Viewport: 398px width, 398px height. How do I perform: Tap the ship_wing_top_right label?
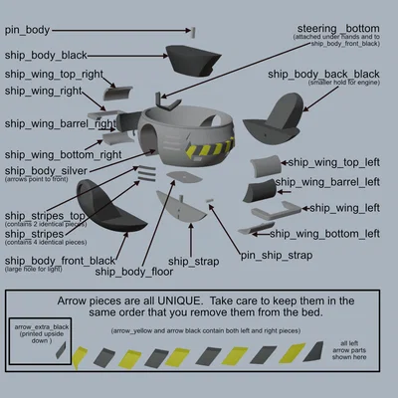[x=52, y=74]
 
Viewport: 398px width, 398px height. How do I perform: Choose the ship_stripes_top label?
[x=45, y=214]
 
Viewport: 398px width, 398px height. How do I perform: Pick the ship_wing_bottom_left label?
[x=324, y=234]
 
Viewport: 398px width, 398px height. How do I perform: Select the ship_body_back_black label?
[x=322, y=74]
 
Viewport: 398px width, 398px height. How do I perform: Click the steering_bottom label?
[x=339, y=27]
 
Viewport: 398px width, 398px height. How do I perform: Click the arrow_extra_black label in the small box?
[x=40, y=326]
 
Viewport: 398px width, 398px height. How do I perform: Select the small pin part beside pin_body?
[x=194, y=31]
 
